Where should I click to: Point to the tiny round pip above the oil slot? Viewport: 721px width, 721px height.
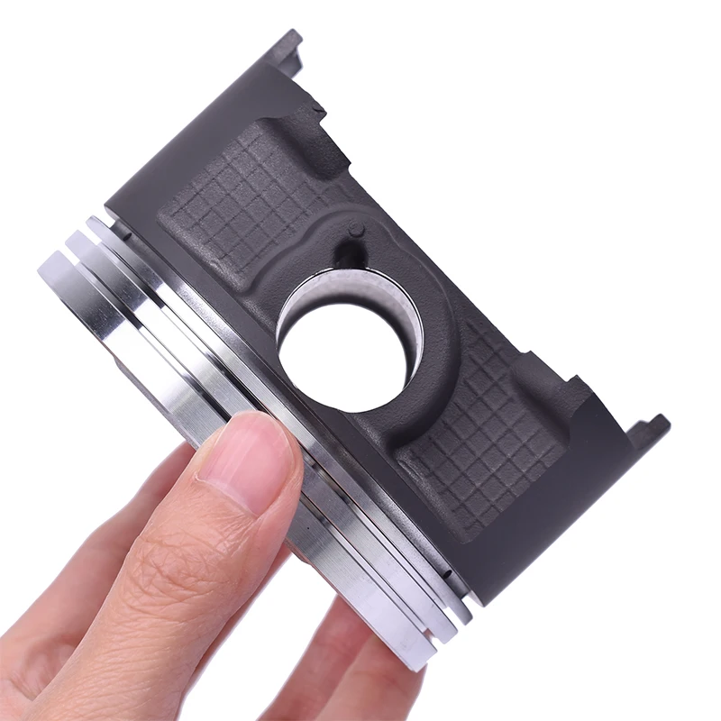pos(358,230)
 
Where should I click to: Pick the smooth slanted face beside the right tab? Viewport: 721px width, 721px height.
pos(577,505)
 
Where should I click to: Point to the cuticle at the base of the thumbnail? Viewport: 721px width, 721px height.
pos(207,487)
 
